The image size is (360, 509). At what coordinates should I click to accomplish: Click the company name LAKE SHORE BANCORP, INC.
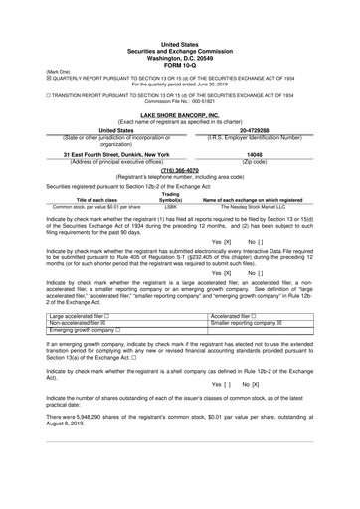tap(180, 115)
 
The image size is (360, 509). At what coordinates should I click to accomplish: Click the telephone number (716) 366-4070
tap(180, 168)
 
